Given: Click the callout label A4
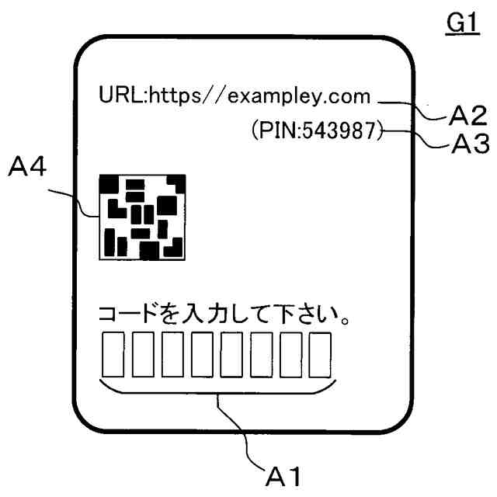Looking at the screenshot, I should coord(32,167).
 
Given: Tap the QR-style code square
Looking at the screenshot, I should coord(141,217).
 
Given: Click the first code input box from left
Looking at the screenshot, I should coord(113,353).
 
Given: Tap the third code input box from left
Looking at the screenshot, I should coord(173,353).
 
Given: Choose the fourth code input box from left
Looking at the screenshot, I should coord(203,353).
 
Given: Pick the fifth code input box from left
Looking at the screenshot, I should coord(232,353).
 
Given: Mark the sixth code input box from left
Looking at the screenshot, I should coord(262,353).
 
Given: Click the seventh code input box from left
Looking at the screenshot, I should coord(291,353).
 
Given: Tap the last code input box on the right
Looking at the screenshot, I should coord(321,353).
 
